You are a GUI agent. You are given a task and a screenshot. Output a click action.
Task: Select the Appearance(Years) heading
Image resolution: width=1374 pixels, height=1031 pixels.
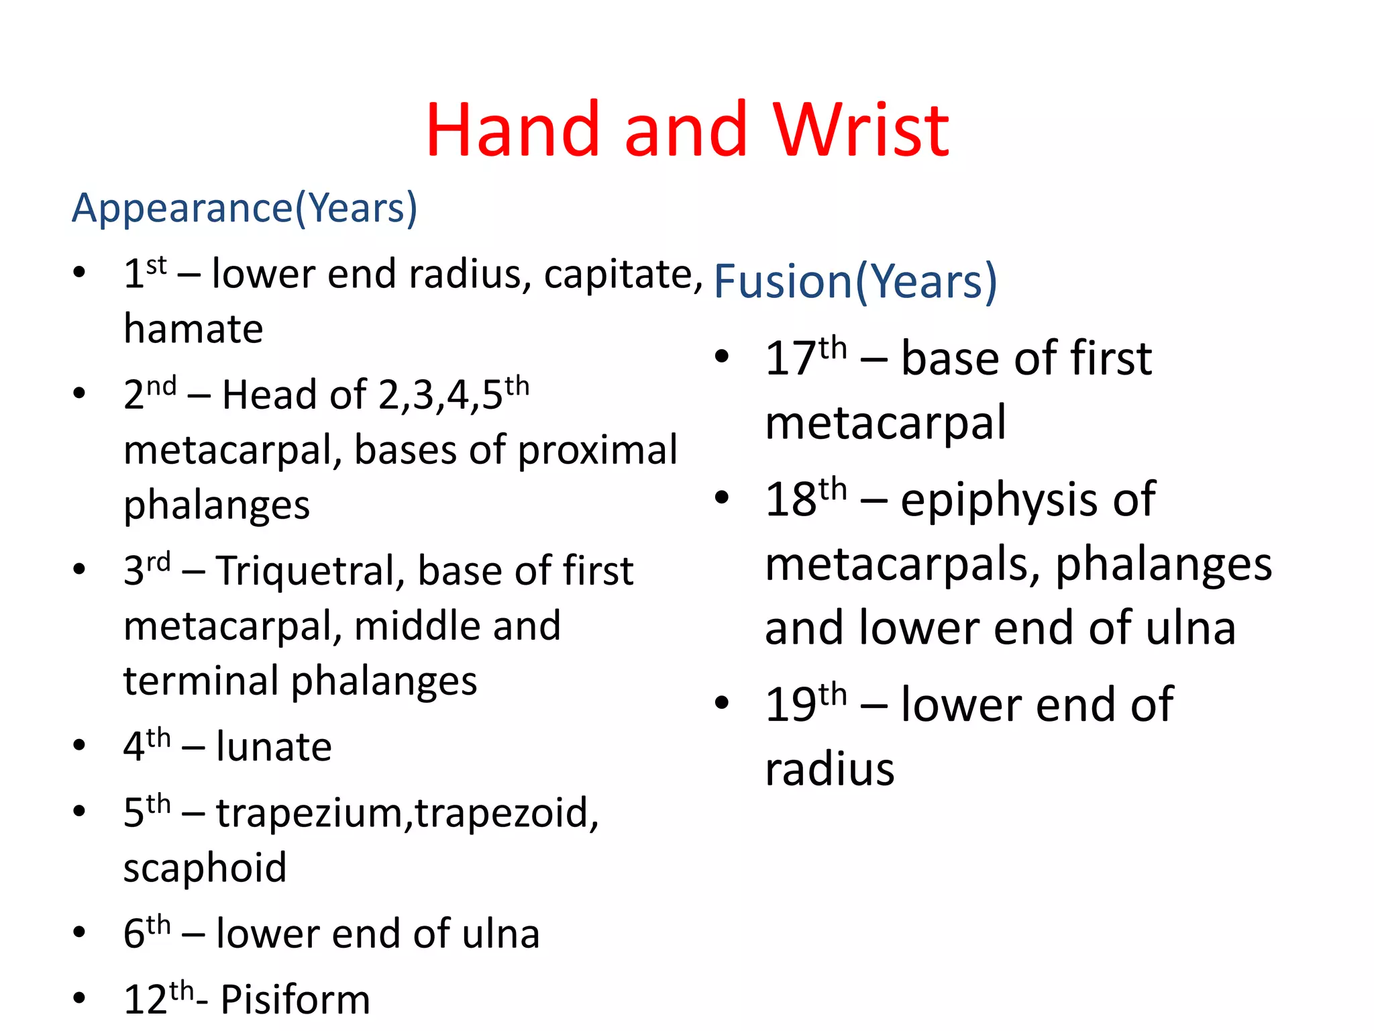(x=244, y=208)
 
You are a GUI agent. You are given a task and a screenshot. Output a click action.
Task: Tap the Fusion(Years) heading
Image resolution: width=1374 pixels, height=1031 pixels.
(x=855, y=281)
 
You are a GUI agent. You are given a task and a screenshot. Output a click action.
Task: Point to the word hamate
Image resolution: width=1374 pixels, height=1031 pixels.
(x=193, y=330)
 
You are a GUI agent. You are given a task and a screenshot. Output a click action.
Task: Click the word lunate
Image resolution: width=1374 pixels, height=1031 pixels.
(x=274, y=747)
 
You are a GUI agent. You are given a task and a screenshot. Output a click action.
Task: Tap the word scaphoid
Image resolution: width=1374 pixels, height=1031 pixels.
(x=205, y=868)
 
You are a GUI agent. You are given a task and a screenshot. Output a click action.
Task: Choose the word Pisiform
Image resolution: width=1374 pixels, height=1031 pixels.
(x=295, y=999)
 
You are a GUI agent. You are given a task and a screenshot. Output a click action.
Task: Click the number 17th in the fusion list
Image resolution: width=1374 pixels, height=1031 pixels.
(x=805, y=358)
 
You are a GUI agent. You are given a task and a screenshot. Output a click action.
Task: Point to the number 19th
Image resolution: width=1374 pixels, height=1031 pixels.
(x=805, y=704)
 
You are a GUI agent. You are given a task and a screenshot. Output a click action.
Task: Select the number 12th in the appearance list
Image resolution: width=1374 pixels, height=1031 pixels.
(x=158, y=998)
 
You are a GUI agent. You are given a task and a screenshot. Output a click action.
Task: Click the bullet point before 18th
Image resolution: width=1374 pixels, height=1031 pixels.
(x=722, y=497)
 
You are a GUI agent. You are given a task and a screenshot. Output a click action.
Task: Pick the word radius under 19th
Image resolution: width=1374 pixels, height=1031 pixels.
(x=829, y=770)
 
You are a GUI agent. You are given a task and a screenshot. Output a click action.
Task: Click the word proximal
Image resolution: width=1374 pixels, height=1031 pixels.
(x=597, y=450)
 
